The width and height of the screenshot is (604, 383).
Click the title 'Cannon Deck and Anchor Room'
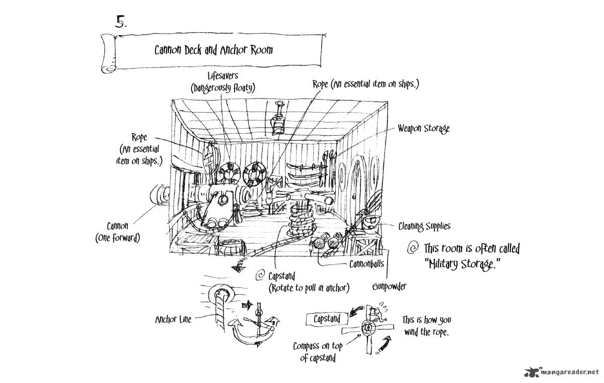[x=214, y=50]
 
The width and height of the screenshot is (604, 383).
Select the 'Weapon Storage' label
[x=423, y=129]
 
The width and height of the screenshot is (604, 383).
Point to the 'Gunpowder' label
[x=389, y=286]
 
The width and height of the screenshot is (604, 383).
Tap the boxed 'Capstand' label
[x=327, y=319]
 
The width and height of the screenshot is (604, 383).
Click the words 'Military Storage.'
[x=461, y=264]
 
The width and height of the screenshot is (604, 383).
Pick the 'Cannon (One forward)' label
[x=117, y=232]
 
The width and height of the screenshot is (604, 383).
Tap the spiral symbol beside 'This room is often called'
[x=413, y=247]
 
